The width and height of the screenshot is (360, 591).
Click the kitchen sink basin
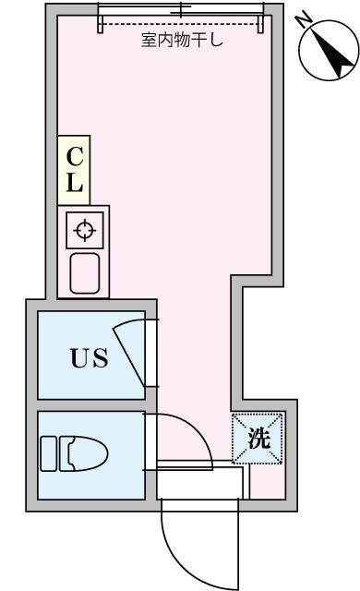pyautogui.click(x=85, y=273)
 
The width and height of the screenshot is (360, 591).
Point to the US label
pyautogui.click(x=90, y=357)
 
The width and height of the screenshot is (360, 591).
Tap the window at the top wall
pyautogui.click(x=182, y=10)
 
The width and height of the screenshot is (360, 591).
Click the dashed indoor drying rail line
pyautogui.click(x=182, y=27)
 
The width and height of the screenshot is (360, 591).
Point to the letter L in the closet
pyautogui.click(x=75, y=184)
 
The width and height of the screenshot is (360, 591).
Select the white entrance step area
pyautogui.click(x=199, y=483)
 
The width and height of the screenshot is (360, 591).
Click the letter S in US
pyautogui.click(x=101, y=357)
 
